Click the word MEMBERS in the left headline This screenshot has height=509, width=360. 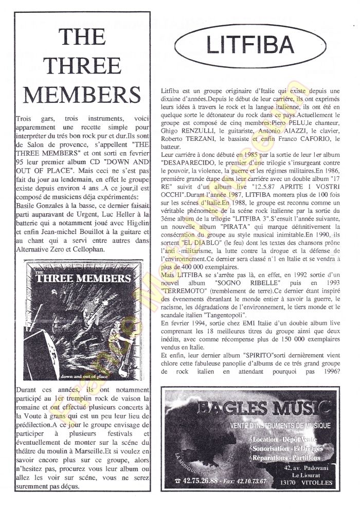coord(82,94)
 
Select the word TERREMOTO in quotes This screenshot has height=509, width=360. coord(182,290)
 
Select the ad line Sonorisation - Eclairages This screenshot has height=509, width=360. coord(283,449)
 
